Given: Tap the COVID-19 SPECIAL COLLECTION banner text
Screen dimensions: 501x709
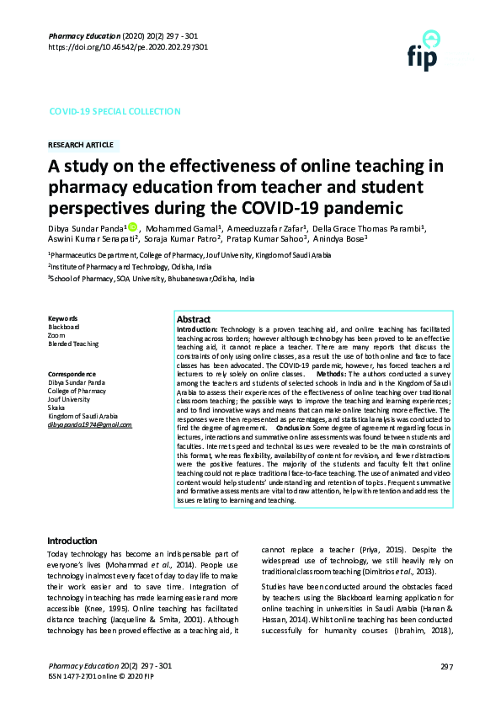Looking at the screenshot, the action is pyautogui.click(x=115, y=111).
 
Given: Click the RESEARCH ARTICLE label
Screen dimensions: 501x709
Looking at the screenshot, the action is pyautogui.click(x=83, y=145).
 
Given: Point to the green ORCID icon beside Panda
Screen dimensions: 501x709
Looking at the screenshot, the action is pyautogui.click(x=132, y=226).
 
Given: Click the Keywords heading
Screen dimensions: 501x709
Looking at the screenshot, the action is pyautogui.click(x=63, y=318).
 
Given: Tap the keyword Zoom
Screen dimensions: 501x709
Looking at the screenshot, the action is pyautogui.click(x=56, y=335).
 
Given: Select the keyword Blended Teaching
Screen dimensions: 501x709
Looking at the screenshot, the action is pyautogui.click(x=73, y=344).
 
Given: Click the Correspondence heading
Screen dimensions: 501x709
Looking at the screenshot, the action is pyautogui.click(x=72, y=373).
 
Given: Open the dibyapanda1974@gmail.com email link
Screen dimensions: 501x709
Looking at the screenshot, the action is pyautogui.click(x=90, y=425).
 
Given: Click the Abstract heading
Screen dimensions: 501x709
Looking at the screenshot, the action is pyautogui.click(x=194, y=320).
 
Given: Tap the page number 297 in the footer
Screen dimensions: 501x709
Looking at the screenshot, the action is pyautogui.click(x=446, y=667).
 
